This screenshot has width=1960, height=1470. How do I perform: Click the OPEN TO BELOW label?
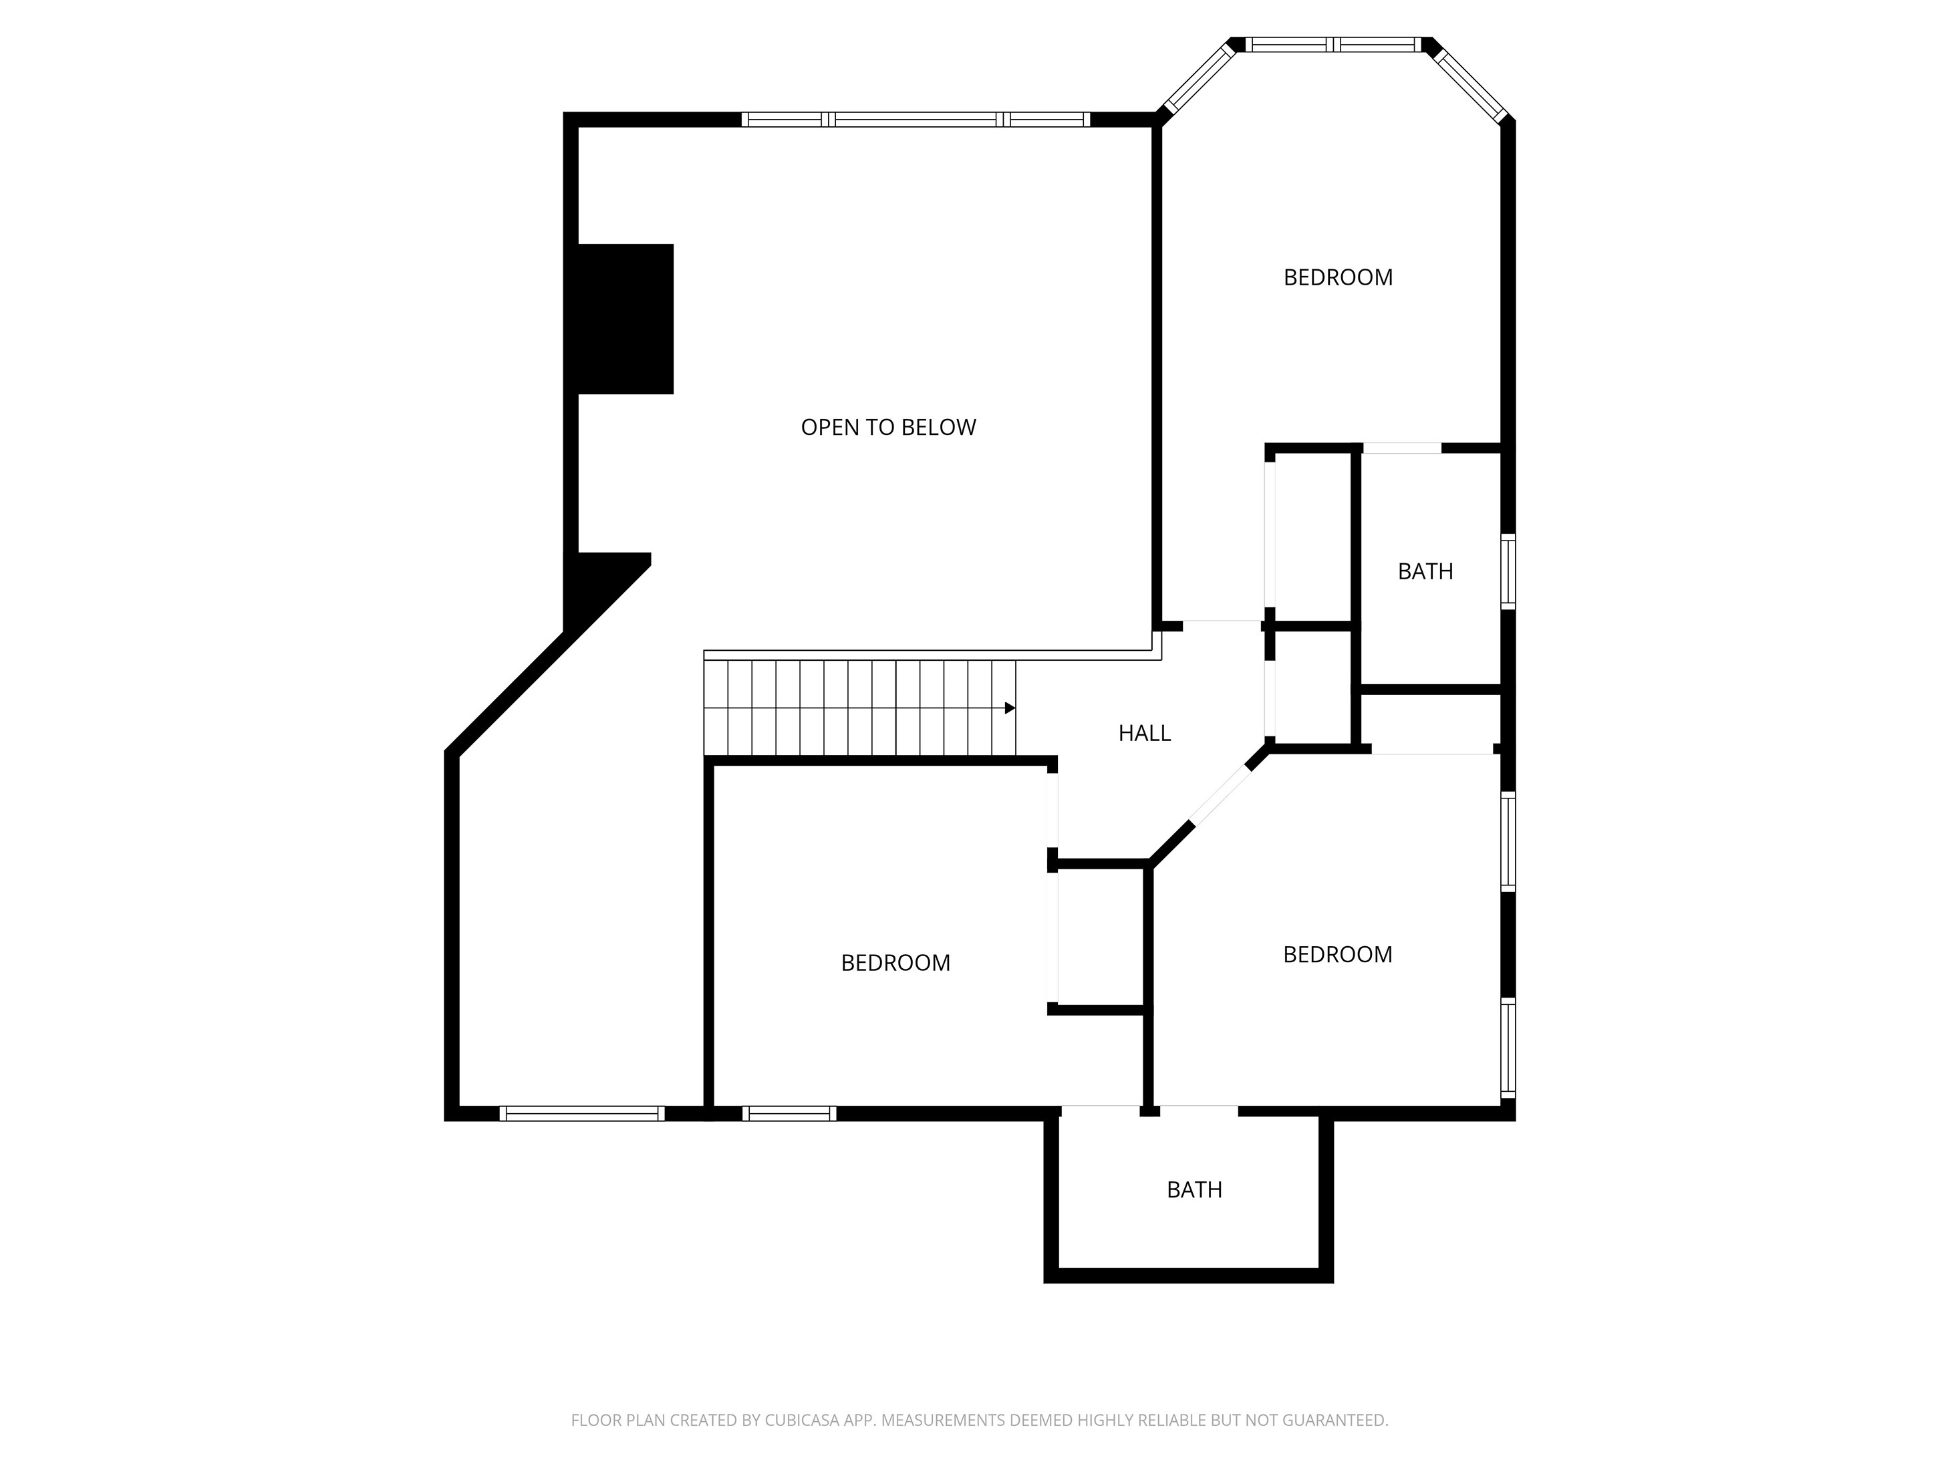(x=888, y=427)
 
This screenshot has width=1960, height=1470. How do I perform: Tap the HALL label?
(x=1144, y=733)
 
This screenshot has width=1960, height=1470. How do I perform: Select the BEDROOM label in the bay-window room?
(x=1338, y=277)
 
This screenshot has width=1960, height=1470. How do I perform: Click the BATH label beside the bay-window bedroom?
(x=1425, y=571)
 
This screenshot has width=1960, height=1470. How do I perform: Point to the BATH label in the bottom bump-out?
(x=1194, y=1189)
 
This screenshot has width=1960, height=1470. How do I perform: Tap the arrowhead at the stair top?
(x=1010, y=708)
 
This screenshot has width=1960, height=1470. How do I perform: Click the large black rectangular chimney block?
(x=625, y=319)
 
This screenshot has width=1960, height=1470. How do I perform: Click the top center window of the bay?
(x=1334, y=44)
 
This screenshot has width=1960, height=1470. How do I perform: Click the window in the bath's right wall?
(x=1508, y=571)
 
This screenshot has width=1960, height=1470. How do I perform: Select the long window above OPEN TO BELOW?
(x=916, y=120)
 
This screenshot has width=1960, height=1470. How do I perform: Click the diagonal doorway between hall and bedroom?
(x=1220, y=796)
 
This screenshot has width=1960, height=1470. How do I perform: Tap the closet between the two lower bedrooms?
(x=1101, y=937)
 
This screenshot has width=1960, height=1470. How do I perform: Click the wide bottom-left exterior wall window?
(x=582, y=1114)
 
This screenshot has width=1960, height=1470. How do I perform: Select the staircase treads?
(x=859, y=708)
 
